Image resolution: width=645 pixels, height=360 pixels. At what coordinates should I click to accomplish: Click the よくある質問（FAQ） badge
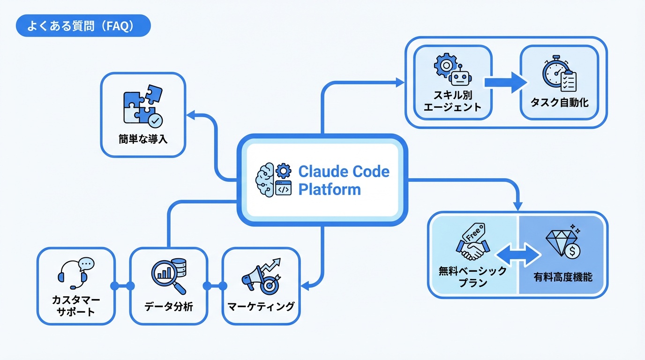[83, 26]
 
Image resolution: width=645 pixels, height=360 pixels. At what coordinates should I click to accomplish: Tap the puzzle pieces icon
[142, 106]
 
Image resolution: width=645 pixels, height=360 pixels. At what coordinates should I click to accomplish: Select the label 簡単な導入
[143, 139]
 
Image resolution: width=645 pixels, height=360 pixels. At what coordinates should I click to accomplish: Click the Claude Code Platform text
[344, 180]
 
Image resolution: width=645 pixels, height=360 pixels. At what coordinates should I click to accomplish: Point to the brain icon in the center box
[264, 180]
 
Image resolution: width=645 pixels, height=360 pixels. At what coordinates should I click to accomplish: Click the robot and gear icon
[452, 70]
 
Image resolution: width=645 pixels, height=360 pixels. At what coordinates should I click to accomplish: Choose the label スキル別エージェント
[452, 101]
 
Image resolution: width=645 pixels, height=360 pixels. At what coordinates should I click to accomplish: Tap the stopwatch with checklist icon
[559, 75]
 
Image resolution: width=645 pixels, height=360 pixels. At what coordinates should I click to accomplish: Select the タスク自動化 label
[559, 102]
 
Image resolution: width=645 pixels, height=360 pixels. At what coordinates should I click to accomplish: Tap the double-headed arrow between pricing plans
[518, 255]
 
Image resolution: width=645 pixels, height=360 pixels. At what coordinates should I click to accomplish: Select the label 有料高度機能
[562, 277]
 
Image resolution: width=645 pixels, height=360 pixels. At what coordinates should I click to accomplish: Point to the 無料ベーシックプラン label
[472, 277]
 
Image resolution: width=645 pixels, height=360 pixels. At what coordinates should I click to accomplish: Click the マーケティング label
[261, 307]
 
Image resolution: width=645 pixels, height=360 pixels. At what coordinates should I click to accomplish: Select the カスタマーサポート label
[76, 306]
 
